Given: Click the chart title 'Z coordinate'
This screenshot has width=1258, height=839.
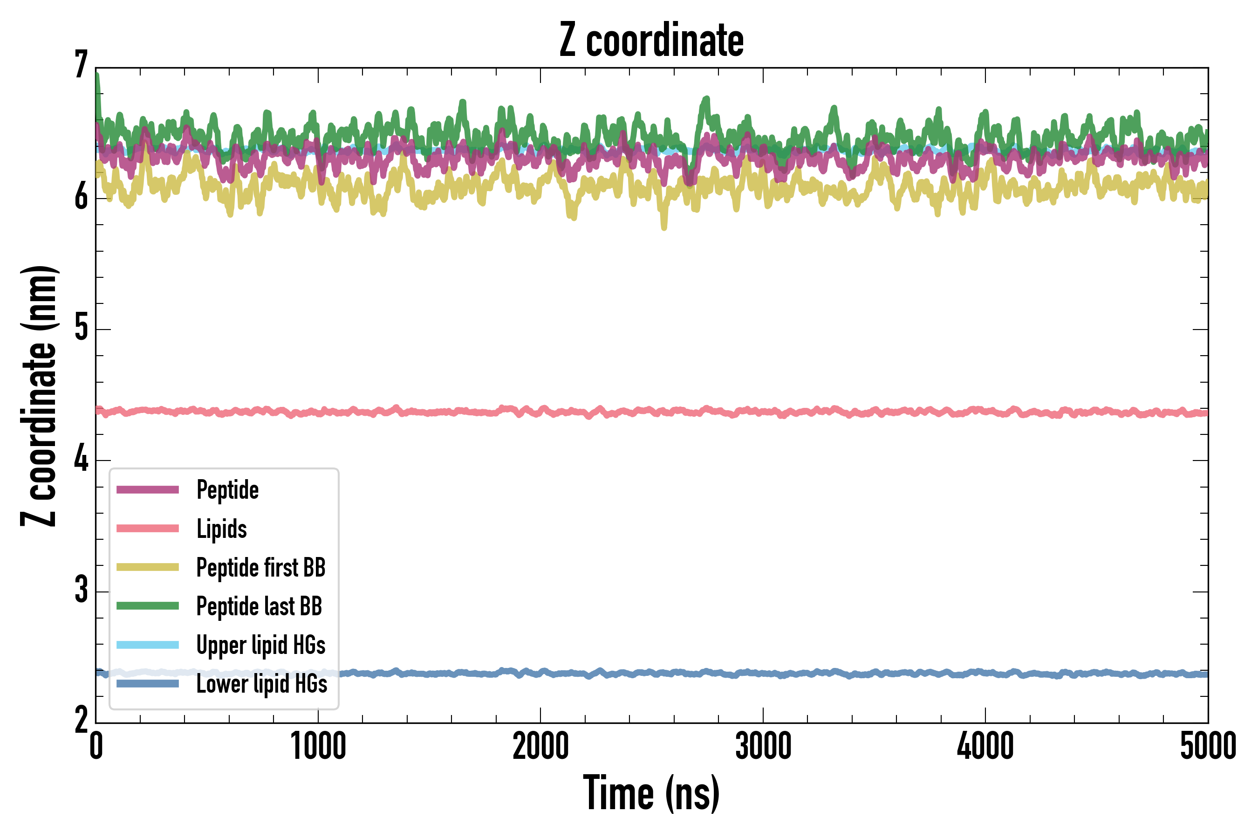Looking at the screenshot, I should click(x=651, y=41).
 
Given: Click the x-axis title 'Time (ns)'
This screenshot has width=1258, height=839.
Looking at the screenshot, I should click(x=651, y=792).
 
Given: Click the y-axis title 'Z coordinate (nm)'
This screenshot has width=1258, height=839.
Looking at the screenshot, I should click(x=39, y=396).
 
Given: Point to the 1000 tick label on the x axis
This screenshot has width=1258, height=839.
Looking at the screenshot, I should click(x=318, y=746).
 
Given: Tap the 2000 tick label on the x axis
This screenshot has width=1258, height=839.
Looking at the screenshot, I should click(x=540, y=746).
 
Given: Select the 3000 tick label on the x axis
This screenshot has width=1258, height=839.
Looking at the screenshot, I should click(x=763, y=746).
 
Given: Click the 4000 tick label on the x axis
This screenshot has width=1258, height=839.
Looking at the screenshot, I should click(x=985, y=746).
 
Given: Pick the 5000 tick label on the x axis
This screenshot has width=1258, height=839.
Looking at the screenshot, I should click(x=1208, y=746).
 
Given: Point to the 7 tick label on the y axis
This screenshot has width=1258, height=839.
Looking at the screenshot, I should click(x=81, y=65).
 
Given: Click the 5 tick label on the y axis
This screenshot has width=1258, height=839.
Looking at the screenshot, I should click(x=81, y=328).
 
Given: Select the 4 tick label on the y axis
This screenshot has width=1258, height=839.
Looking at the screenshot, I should click(x=81, y=459).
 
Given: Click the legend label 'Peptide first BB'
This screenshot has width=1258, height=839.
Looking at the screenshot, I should click(x=261, y=567).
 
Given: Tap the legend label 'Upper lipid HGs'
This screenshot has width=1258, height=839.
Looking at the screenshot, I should click(x=261, y=645).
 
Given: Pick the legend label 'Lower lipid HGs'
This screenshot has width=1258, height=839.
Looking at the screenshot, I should click(x=261, y=684).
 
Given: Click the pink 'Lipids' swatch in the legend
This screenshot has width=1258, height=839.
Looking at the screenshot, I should click(x=148, y=529).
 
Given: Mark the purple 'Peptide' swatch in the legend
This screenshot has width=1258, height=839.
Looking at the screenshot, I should click(x=148, y=489).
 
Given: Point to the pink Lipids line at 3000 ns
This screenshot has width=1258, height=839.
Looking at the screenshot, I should click(x=763, y=412).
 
